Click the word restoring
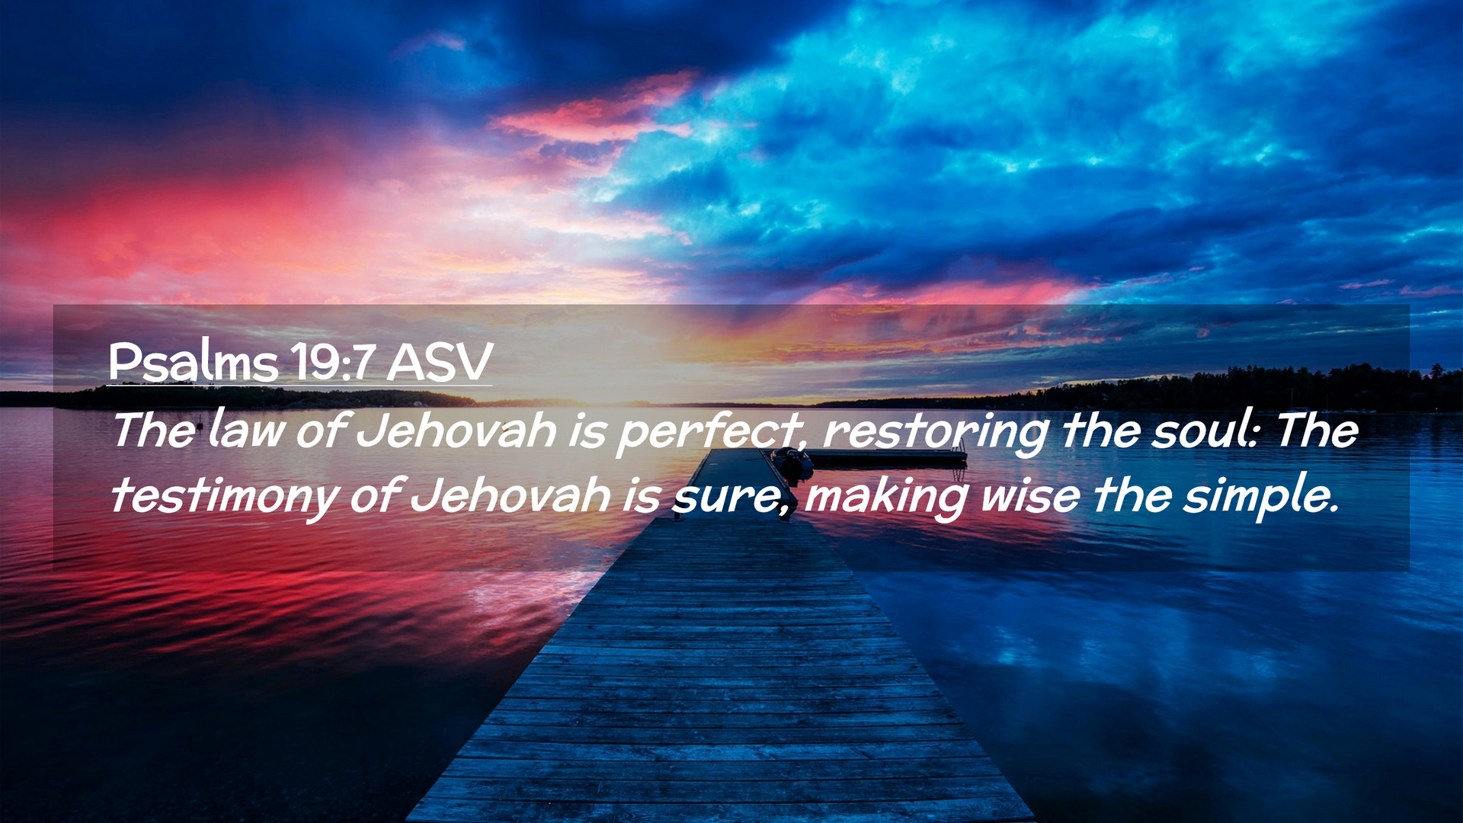(936, 432)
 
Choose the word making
(886, 497)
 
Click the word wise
(1030, 495)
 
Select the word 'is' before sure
(641, 495)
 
